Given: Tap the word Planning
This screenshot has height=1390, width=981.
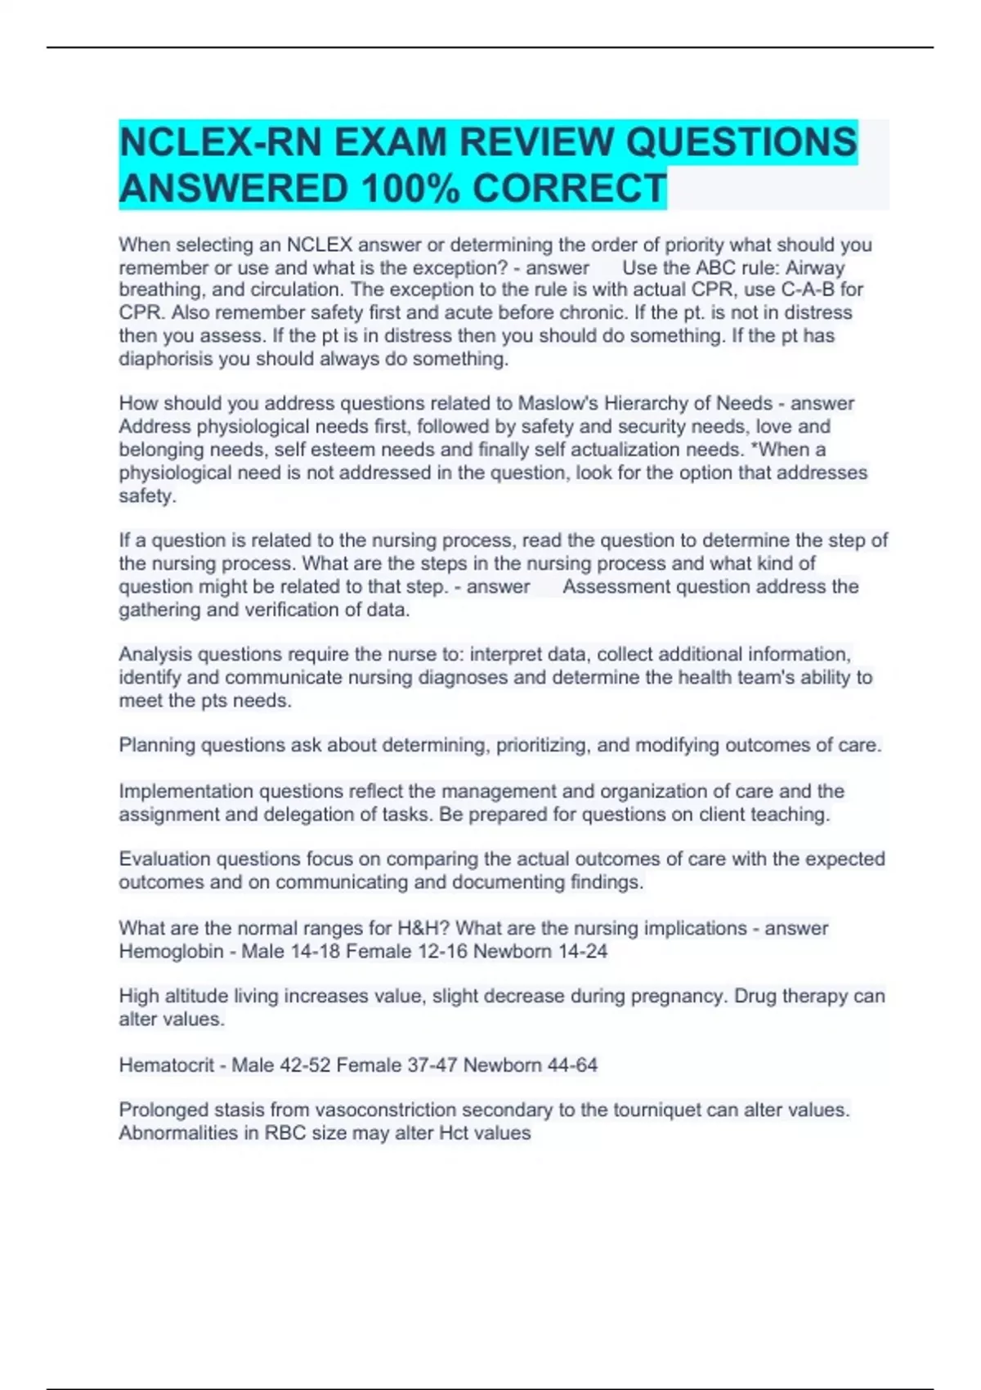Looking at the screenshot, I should [157, 745].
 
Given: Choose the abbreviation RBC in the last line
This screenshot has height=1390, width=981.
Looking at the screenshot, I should [283, 1132].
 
